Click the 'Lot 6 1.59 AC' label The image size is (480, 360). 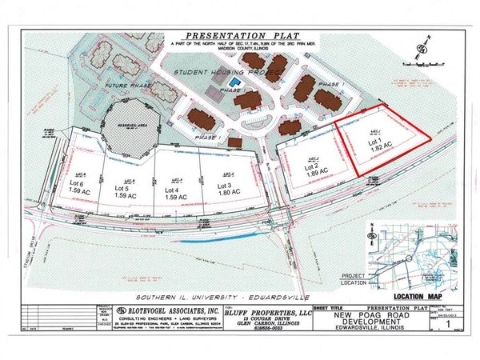click(82, 190)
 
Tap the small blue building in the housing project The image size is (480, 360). click(234, 82)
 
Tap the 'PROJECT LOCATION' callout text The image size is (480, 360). click(355, 280)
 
